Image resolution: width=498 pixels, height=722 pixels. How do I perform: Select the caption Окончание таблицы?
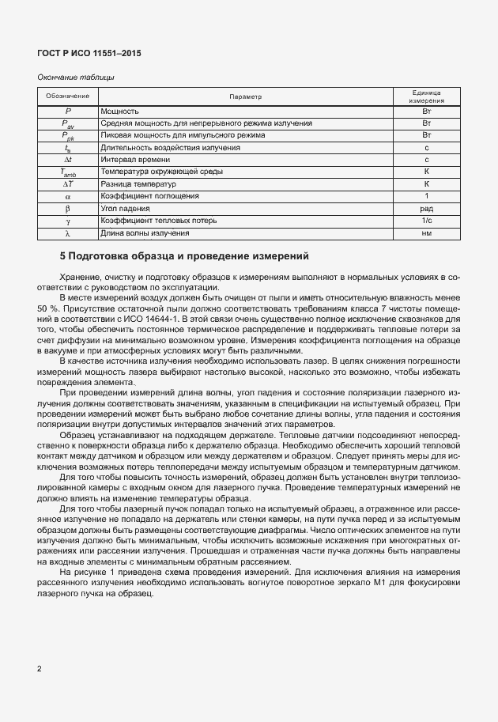click(x=76, y=77)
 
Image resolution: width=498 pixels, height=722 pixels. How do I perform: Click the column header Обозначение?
click(x=67, y=96)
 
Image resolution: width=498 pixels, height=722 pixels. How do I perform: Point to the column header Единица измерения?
click(x=426, y=96)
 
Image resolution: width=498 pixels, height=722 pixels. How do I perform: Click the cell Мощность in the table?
click(x=120, y=112)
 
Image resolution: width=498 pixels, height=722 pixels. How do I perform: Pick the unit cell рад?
click(x=426, y=208)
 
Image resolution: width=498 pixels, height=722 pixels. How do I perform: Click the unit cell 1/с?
click(x=426, y=221)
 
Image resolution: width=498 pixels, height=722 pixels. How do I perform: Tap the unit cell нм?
click(x=426, y=233)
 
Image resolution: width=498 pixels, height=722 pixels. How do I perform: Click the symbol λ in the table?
click(x=67, y=233)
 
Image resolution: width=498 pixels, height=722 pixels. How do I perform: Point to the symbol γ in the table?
click(x=67, y=221)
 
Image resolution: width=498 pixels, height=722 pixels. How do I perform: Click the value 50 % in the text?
click(x=49, y=307)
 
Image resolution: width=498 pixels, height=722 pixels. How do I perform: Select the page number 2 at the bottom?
click(x=40, y=668)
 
